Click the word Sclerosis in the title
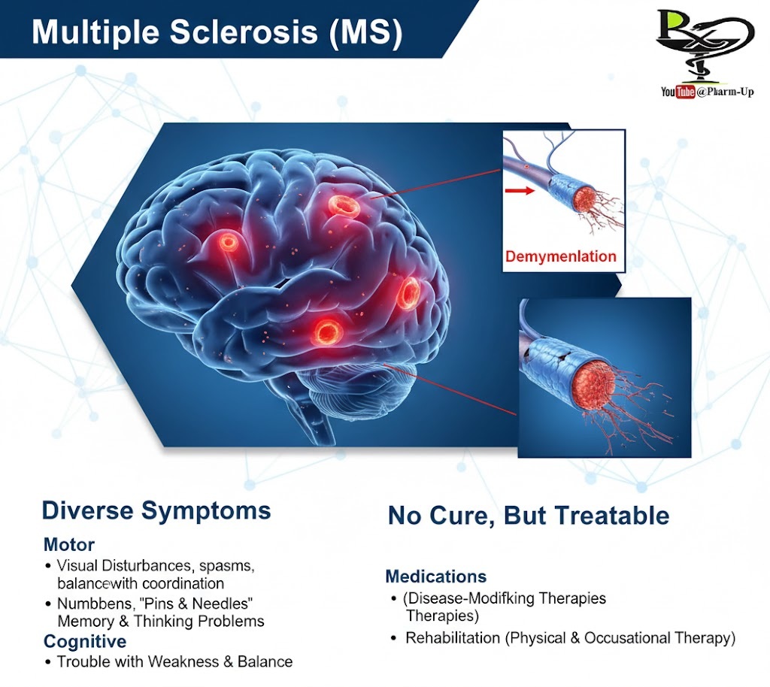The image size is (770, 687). coord(244,32)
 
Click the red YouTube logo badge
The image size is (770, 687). coord(685,92)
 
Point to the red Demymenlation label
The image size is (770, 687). coord(561,256)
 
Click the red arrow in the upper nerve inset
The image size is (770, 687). coord(520,190)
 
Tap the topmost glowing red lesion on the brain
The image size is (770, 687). coord(344,206)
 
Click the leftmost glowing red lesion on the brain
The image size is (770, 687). coord(228,241)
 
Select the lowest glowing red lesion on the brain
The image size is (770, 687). coord(326,331)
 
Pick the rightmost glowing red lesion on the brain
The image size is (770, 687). coord(408,292)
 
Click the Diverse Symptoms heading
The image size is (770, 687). coord(156,510)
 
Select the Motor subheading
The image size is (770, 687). coord(68,544)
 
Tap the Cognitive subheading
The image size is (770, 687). coord(85,641)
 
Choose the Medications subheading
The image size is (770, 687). coord(436,576)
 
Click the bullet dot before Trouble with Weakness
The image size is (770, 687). coord(47,662)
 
